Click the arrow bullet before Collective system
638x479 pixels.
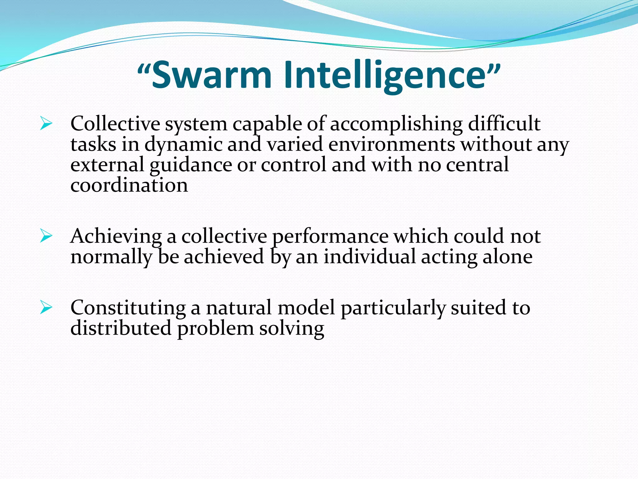(x=46, y=124)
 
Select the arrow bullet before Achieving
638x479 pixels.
(x=46, y=236)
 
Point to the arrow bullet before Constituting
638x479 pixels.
(x=46, y=308)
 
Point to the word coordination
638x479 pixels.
(x=129, y=186)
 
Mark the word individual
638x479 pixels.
(x=369, y=257)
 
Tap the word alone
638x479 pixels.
(x=507, y=257)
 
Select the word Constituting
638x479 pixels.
(x=128, y=308)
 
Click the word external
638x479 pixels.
(x=107, y=165)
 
